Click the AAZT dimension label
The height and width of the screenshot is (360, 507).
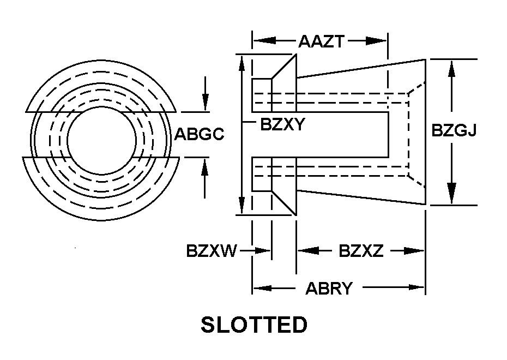(x=321, y=41)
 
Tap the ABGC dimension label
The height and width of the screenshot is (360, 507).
(x=199, y=134)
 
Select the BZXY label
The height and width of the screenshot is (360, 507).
(x=282, y=124)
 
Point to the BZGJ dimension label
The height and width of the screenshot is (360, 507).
(x=454, y=130)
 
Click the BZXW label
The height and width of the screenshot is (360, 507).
(x=212, y=251)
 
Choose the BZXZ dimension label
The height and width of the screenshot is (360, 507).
(x=361, y=251)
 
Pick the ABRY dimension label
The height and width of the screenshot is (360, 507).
(x=329, y=288)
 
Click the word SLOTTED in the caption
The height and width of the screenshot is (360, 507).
(x=254, y=325)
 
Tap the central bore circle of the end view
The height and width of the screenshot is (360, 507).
(x=101, y=106)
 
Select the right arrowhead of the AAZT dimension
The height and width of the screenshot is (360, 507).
(x=376, y=41)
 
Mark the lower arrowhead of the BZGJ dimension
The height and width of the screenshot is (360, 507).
(x=452, y=194)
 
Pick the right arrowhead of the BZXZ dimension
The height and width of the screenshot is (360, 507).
(x=414, y=251)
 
